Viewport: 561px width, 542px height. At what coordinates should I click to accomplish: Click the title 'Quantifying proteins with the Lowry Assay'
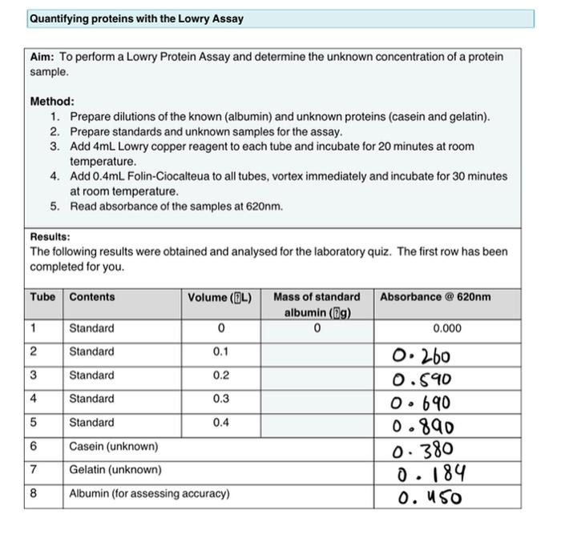[136, 18]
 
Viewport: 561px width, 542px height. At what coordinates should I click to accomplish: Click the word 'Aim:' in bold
[42, 57]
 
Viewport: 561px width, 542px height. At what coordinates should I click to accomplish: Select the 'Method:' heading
[52, 102]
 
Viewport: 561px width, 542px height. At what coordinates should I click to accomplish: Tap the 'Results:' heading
[50, 237]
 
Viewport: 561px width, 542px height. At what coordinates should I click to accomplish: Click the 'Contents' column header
[92, 297]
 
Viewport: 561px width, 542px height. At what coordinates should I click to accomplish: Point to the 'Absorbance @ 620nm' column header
[435, 297]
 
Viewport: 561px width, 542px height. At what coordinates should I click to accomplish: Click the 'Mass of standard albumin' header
[317, 304]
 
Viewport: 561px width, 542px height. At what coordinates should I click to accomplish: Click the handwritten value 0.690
[422, 403]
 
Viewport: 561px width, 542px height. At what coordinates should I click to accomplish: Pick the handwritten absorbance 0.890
[424, 427]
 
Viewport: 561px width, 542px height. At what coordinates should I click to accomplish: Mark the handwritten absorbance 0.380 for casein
[422, 450]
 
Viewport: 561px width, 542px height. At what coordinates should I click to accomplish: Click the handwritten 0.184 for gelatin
[431, 475]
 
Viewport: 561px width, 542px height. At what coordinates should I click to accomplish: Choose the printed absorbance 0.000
[446, 328]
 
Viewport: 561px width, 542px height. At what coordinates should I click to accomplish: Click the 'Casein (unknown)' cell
[114, 446]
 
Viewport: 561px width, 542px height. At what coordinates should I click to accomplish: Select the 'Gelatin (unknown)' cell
[115, 470]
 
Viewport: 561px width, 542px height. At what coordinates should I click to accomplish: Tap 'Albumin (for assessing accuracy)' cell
[149, 494]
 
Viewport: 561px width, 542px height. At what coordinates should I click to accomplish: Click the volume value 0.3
[220, 399]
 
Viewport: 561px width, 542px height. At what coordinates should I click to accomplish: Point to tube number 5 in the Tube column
[34, 422]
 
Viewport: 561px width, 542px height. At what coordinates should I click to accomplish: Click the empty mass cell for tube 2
[317, 351]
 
